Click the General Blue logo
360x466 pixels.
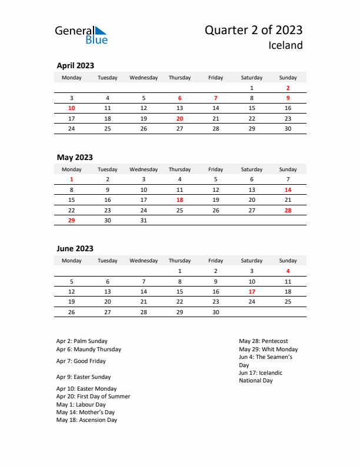81,35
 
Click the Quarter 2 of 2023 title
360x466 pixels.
254,31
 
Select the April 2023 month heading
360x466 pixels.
75,66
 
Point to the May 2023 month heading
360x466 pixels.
75,157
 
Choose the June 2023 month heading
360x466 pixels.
75,249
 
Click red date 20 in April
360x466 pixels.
179,118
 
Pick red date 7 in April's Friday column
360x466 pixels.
216,98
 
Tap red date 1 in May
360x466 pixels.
72,179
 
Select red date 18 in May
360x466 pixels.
179,199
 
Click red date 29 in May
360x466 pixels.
72,220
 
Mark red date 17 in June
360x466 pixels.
252,291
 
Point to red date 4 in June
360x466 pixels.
288,271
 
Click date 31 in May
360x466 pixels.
144,220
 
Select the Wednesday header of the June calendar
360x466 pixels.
144,261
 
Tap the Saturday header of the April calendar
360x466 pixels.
252,78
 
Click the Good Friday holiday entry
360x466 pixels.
81,361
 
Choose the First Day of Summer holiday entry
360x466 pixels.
94,397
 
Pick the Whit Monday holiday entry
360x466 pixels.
264,349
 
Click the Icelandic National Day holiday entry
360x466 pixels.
261,377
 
